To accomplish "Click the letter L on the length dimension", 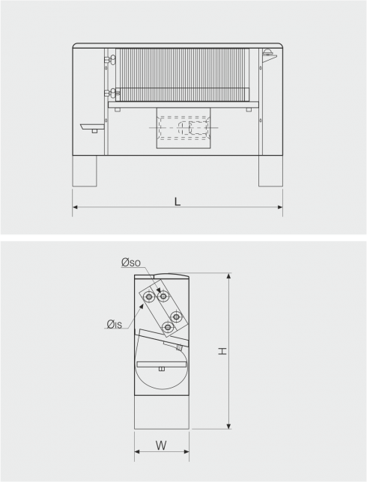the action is [178, 201].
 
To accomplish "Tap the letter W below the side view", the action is [161, 445].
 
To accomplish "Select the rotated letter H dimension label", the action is [222, 351].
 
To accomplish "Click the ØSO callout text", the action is [131, 263].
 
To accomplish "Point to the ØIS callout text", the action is [115, 324].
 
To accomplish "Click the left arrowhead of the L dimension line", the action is [75, 207].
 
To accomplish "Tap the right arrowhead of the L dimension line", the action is [280, 207].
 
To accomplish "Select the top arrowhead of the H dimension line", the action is [228, 275].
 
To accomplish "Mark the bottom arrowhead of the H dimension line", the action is [228, 426].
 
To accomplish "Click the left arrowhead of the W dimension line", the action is [137, 451].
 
